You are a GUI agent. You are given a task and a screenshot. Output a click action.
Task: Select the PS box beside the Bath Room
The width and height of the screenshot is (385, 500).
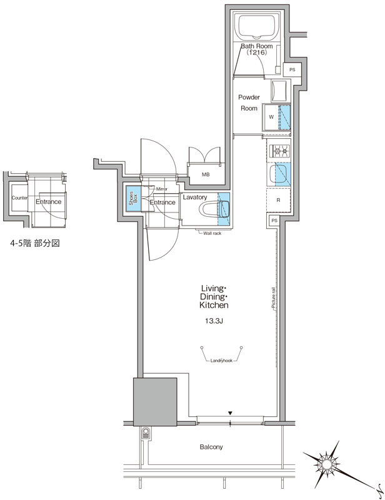[291, 70]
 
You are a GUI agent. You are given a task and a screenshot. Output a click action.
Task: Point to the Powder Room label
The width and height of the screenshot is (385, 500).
[248, 102]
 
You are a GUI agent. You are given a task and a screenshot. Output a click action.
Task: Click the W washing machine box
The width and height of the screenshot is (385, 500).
[271, 116]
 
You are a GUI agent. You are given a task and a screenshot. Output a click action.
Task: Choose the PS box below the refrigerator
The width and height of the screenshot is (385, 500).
[274, 221]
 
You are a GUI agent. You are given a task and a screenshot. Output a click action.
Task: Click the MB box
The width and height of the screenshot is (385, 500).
[205, 174]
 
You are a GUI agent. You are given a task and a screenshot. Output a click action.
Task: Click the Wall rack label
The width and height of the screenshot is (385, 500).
[212, 234]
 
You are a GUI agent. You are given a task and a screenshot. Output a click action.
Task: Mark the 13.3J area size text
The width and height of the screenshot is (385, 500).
[214, 322]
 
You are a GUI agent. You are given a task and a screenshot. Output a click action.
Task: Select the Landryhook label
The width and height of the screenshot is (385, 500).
[221, 361]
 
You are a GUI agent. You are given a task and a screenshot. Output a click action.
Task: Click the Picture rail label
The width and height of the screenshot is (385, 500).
[274, 297]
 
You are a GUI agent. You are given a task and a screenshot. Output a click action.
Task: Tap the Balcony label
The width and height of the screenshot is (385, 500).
[211, 447]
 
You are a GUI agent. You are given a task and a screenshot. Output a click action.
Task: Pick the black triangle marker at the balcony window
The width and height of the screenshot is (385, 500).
[231, 412]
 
